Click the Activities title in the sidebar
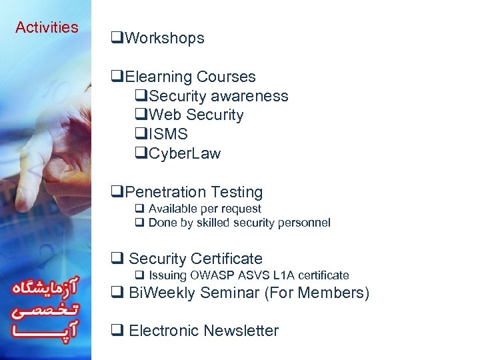point(47,28)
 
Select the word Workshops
point(164,39)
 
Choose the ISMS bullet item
point(168,135)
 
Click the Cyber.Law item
point(184,154)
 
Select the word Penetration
point(165,193)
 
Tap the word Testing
point(237,193)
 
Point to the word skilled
point(213,223)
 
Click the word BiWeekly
point(159,293)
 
